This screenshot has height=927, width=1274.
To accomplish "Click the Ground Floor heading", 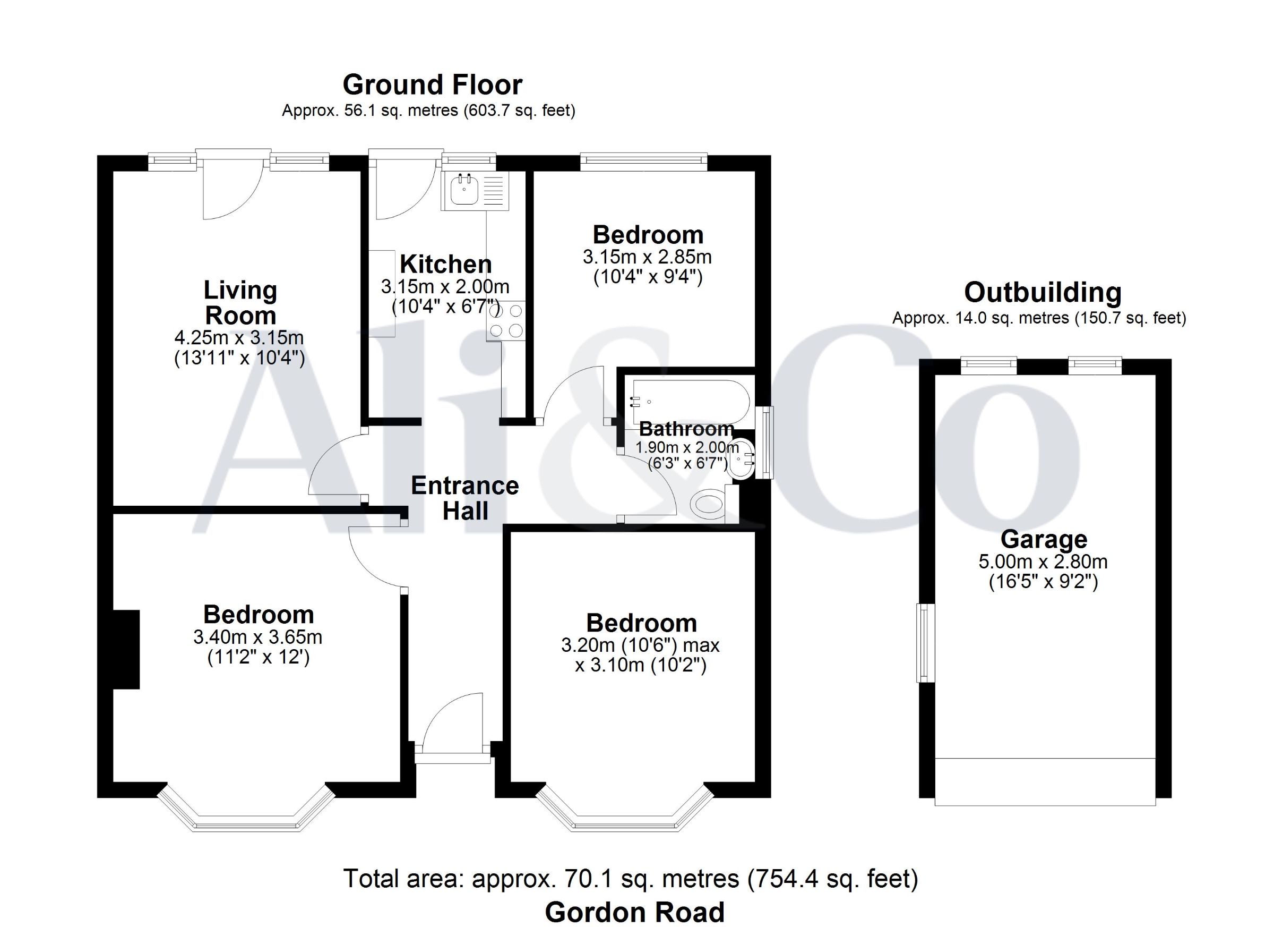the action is pyautogui.click(x=433, y=85).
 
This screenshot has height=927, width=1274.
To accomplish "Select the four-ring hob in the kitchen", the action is pyautogui.click(x=506, y=321).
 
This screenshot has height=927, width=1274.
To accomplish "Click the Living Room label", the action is pyautogui.click(x=240, y=303).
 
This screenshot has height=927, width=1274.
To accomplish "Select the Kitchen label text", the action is pyautogui.click(x=445, y=264).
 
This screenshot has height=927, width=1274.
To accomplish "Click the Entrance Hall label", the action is pyautogui.click(x=465, y=499).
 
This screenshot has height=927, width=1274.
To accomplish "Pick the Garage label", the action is pyautogui.click(x=1044, y=540).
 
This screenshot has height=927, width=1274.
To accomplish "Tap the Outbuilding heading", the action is pyautogui.click(x=1043, y=292).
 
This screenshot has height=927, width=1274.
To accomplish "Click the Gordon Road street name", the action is pyautogui.click(x=635, y=912).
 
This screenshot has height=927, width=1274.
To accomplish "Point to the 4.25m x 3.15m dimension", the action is pyautogui.click(x=239, y=338).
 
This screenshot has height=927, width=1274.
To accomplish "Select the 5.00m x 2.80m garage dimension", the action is pyautogui.click(x=1043, y=562).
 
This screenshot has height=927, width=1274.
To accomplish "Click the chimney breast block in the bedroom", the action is pyautogui.click(x=126, y=649).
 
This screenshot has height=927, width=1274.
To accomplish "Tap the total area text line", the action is pyautogui.click(x=631, y=879).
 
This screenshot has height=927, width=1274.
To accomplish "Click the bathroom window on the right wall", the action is pyautogui.click(x=764, y=443).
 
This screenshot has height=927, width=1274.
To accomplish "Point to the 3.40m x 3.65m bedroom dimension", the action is pyautogui.click(x=258, y=637).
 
